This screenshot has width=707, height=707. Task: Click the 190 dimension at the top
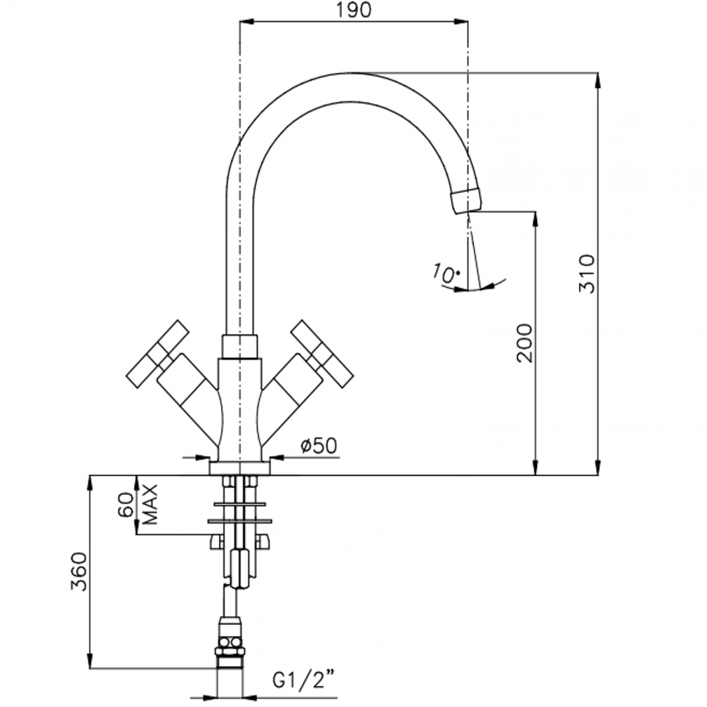tap(354, 10)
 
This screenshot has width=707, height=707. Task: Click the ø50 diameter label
tap(319, 445)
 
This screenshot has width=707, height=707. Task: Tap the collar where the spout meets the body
tap(239, 346)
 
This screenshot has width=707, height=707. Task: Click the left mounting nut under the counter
tap(217, 541)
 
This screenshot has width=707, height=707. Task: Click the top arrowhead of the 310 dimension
tap(599, 79)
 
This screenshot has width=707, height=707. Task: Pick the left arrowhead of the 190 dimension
tap(246, 22)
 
